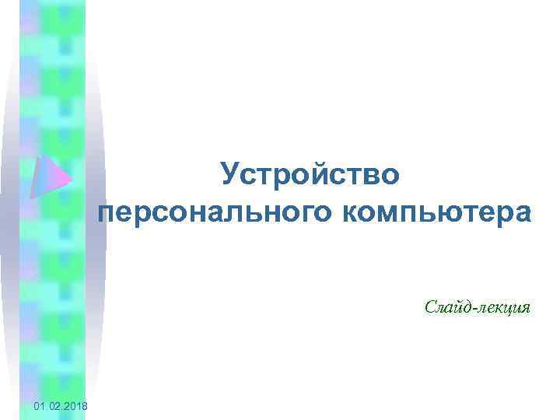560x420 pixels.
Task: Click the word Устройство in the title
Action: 310,174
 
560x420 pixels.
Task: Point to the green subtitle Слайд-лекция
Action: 478,307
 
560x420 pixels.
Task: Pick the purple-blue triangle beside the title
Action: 48,178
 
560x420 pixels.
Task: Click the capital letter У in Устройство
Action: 229,174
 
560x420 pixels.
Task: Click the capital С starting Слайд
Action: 431,307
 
